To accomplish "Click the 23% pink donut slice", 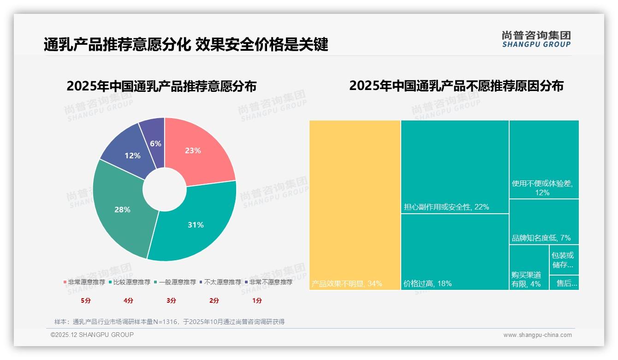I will (x=196, y=150).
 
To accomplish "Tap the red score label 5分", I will (x=86, y=300).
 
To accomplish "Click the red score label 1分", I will (x=257, y=300).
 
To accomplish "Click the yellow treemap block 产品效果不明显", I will (x=355, y=205).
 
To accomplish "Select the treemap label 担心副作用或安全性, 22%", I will (x=446, y=207).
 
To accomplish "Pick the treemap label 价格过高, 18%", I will (x=428, y=283).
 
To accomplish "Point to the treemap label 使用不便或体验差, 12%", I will (x=542, y=187).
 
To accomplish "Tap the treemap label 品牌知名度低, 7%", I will (x=541, y=238).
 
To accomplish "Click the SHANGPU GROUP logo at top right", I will (x=536, y=39).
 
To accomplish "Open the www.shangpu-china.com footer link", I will (x=537, y=335).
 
